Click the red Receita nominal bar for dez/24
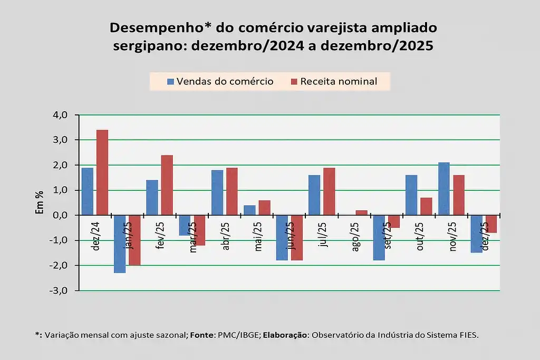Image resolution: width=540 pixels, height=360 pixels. pyautogui.click(x=102, y=172)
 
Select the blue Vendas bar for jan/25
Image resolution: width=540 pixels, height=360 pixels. pyautogui.click(x=120, y=244)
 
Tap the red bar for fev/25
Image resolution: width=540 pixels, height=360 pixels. pyautogui.click(x=167, y=185)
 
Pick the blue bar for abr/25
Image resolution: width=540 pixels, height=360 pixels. pyautogui.click(x=217, y=192)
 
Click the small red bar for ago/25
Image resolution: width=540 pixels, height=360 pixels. pyautogui.click(x=361, y=212)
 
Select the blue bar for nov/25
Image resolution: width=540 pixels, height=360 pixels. pyautogui.click(x=443, y=189)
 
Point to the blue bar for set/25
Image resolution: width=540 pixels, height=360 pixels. pyautogui.click(x=379, y=237)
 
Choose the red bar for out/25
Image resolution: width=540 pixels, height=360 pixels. pyautogui.click(x=426, y=206)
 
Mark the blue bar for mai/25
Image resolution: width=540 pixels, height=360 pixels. pyautogui.click(x=249, y=210)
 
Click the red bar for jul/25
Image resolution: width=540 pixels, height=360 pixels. pyautogui.click(x=329, y=191)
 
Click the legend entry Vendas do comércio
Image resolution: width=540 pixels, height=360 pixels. pyautogui.click(x=220, y=81)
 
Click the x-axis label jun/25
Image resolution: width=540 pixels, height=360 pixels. pyautogui.click(x=290, y=235)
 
